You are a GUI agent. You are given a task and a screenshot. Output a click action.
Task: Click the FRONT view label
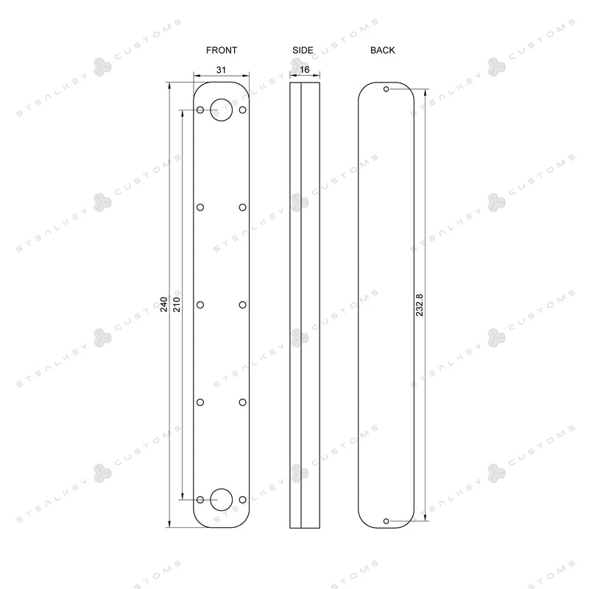[222, 50]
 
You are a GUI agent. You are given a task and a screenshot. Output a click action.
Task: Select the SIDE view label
[303, 50]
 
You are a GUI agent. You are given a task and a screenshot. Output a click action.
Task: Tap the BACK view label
[383, 50]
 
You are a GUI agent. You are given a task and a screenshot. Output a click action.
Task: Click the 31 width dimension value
[222, 69]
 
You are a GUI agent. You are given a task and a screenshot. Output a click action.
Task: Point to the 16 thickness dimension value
[305, 69]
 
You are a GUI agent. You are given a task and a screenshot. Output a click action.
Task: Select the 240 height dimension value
[164, 304]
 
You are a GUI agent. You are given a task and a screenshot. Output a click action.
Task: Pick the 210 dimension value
[177, 304]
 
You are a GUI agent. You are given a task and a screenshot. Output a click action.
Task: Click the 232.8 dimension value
[420, 305]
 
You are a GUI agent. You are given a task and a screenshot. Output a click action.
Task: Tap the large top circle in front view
[222, 110]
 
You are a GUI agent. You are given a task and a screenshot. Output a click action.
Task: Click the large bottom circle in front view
[222, 499]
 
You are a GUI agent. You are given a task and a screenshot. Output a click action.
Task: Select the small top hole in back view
[387, 89]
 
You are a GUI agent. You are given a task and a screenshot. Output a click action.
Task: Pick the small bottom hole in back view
[387, 521]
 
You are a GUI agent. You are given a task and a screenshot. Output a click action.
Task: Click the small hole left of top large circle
[200, 110]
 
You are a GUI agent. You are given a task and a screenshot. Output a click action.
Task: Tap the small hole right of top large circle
[242, 110]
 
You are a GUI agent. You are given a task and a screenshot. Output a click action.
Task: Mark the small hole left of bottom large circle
[200, 499]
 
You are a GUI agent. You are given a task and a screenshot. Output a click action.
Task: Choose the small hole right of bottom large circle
[242, 499]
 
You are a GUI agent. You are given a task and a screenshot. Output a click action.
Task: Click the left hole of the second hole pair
[200, 207]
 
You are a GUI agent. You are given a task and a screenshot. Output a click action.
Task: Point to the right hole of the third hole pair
[242, 304]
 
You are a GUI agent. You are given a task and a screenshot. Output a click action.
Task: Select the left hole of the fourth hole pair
[200, 401]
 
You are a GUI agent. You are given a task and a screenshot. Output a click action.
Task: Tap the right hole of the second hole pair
[242, 207]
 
